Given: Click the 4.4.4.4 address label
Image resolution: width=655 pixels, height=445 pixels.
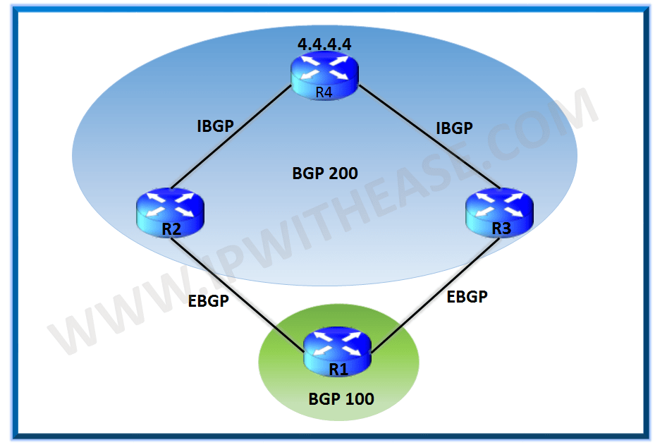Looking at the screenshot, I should tap(324, 44).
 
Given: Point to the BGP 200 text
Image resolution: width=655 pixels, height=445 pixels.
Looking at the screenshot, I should tap(325, 173).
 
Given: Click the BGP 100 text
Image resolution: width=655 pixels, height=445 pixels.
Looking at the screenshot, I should tap(341, 399).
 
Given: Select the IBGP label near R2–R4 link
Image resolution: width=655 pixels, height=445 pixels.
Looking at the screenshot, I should tap(215, 126).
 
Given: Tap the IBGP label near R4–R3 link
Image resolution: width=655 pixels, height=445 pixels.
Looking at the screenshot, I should tap(454, 128).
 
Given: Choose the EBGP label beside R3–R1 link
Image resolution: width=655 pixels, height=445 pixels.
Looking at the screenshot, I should tap(467, 297).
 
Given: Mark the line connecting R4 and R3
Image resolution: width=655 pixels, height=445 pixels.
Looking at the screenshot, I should tap(430, 138).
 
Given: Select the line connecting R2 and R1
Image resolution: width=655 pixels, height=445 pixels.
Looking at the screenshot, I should tap(240, 289).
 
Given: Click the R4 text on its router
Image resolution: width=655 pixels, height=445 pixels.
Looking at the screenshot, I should tap(324, 91).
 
